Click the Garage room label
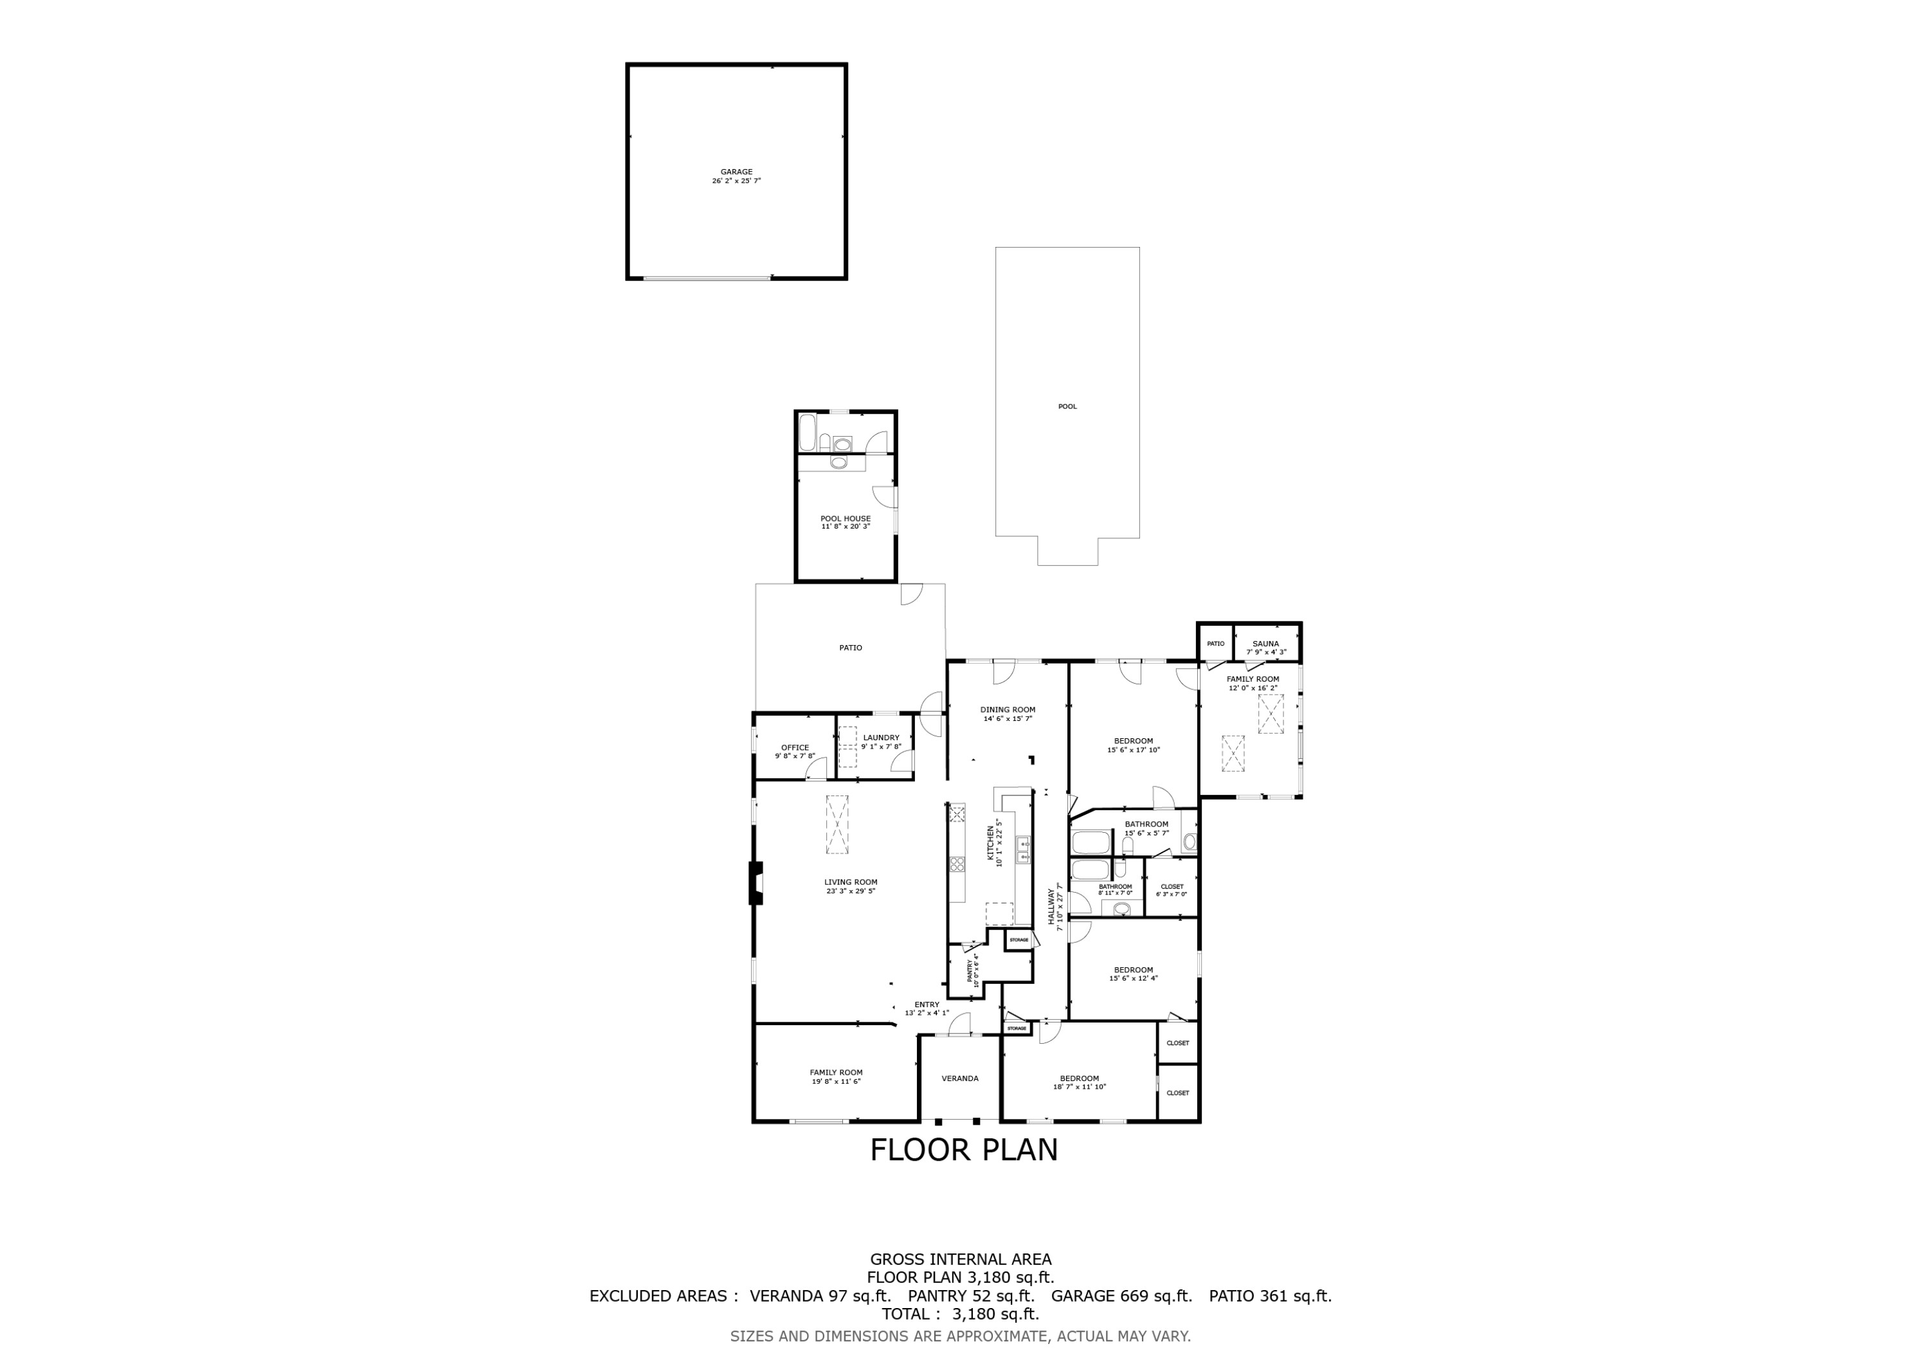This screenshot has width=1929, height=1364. [736, 172]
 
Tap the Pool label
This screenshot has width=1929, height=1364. [1067, 407]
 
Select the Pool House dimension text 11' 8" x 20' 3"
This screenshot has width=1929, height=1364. [845, 527]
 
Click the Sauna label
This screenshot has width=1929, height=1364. [1265, 644]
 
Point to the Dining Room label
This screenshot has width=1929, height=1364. [1008, 709]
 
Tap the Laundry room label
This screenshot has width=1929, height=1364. [880, 738]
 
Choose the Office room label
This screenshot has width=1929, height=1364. [795, 747]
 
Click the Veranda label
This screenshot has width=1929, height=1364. [959, 1078]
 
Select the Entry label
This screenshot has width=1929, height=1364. [927, 1005]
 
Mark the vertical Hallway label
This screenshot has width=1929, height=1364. [1050, 907]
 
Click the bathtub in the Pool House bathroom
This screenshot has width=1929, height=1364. [806, 432]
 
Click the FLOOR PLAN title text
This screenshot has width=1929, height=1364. [964, 1150]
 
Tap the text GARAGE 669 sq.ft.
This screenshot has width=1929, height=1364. [1121, 1296]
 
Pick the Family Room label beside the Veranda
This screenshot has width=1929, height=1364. [836, 1073]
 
